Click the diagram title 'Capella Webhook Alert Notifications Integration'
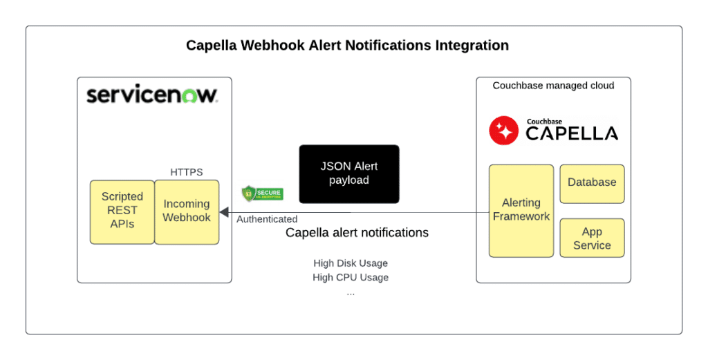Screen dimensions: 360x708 (x=347, y=46)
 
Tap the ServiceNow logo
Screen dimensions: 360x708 (x=152, y=95)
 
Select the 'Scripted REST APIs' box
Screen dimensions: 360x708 (x=122, y=211)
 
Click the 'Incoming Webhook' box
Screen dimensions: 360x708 (x=187, y=211)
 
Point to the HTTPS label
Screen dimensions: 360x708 (x=187, y=172)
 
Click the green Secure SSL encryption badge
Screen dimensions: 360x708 (x=261, y=194)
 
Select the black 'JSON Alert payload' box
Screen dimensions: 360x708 (x=349, y=173)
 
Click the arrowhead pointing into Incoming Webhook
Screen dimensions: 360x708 (x=225, y=212)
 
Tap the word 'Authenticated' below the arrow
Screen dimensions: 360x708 (x=267, y=220)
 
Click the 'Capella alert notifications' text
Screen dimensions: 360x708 (x=357, y=233)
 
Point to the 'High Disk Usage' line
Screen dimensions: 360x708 (x=351, y=263)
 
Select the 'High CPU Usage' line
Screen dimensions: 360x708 (x=351, y=278)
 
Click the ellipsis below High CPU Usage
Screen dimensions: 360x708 (x=351, y=292)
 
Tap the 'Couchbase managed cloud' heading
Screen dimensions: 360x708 (x=553, y=86)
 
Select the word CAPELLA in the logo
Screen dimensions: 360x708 (x=572, y=134)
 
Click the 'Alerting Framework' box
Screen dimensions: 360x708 (x=521, y=210)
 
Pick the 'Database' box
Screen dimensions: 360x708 (x=592, y=183)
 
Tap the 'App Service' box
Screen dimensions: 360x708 (x=592, y=238)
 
